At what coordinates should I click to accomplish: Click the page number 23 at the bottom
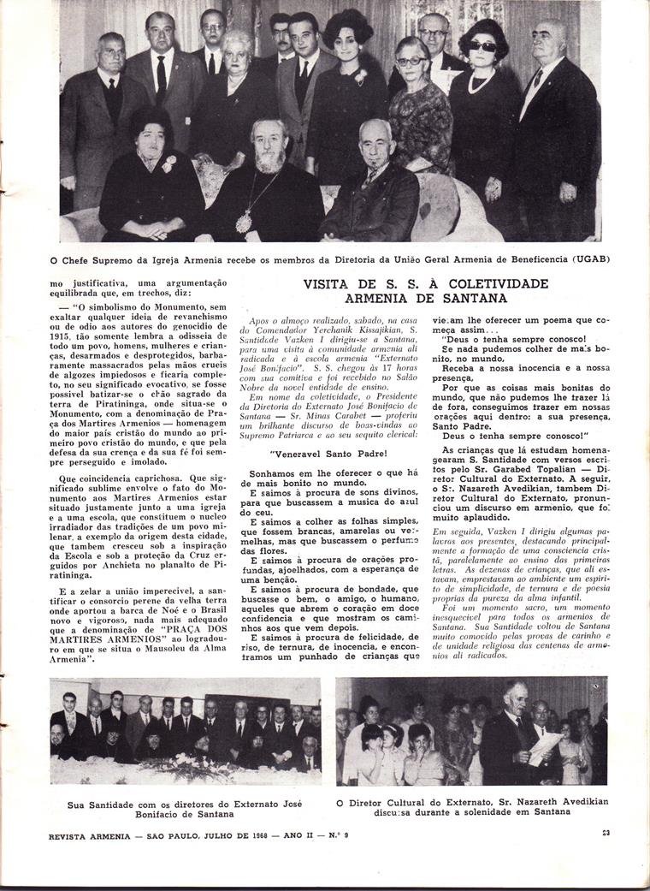click(x=606, y=831)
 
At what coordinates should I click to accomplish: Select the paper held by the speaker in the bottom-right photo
click(x=546, y=749)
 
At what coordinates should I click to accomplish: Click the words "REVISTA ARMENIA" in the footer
click(x=95, y=831)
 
